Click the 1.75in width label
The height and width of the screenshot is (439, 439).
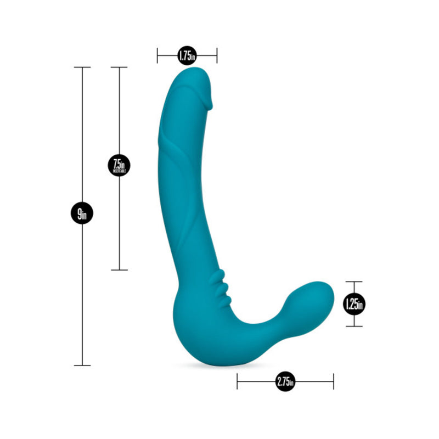(187, 55)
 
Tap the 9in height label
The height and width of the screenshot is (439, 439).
(82, 213)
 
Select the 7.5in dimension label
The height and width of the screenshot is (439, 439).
(119, 165)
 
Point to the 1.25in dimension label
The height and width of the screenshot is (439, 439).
(354, 303)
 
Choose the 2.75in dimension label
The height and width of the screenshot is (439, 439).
(285, 381)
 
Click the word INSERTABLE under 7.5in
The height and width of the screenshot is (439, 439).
(119, 171)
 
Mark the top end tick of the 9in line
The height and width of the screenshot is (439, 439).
(82, 67)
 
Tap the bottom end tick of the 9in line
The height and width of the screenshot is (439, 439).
(82, 365)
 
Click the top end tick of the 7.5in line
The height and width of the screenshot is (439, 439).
(119, 67)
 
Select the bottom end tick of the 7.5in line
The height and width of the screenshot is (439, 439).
(119, 270)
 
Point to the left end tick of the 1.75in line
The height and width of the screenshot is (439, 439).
(157, 55)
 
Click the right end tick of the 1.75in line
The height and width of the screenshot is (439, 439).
(217, 55)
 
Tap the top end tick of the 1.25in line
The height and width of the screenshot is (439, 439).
(354, 282)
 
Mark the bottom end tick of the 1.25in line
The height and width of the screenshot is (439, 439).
(354, 327)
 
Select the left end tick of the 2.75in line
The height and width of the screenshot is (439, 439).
(237, 381)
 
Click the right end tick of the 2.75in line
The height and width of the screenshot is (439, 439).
(333, 381)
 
